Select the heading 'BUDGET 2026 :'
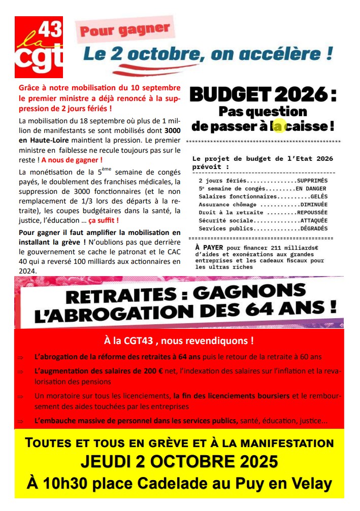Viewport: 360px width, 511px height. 263,95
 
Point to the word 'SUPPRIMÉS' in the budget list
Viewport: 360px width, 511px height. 312,180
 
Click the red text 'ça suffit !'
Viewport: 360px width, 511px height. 104,220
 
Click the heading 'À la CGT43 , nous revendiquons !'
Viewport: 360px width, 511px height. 179,340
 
